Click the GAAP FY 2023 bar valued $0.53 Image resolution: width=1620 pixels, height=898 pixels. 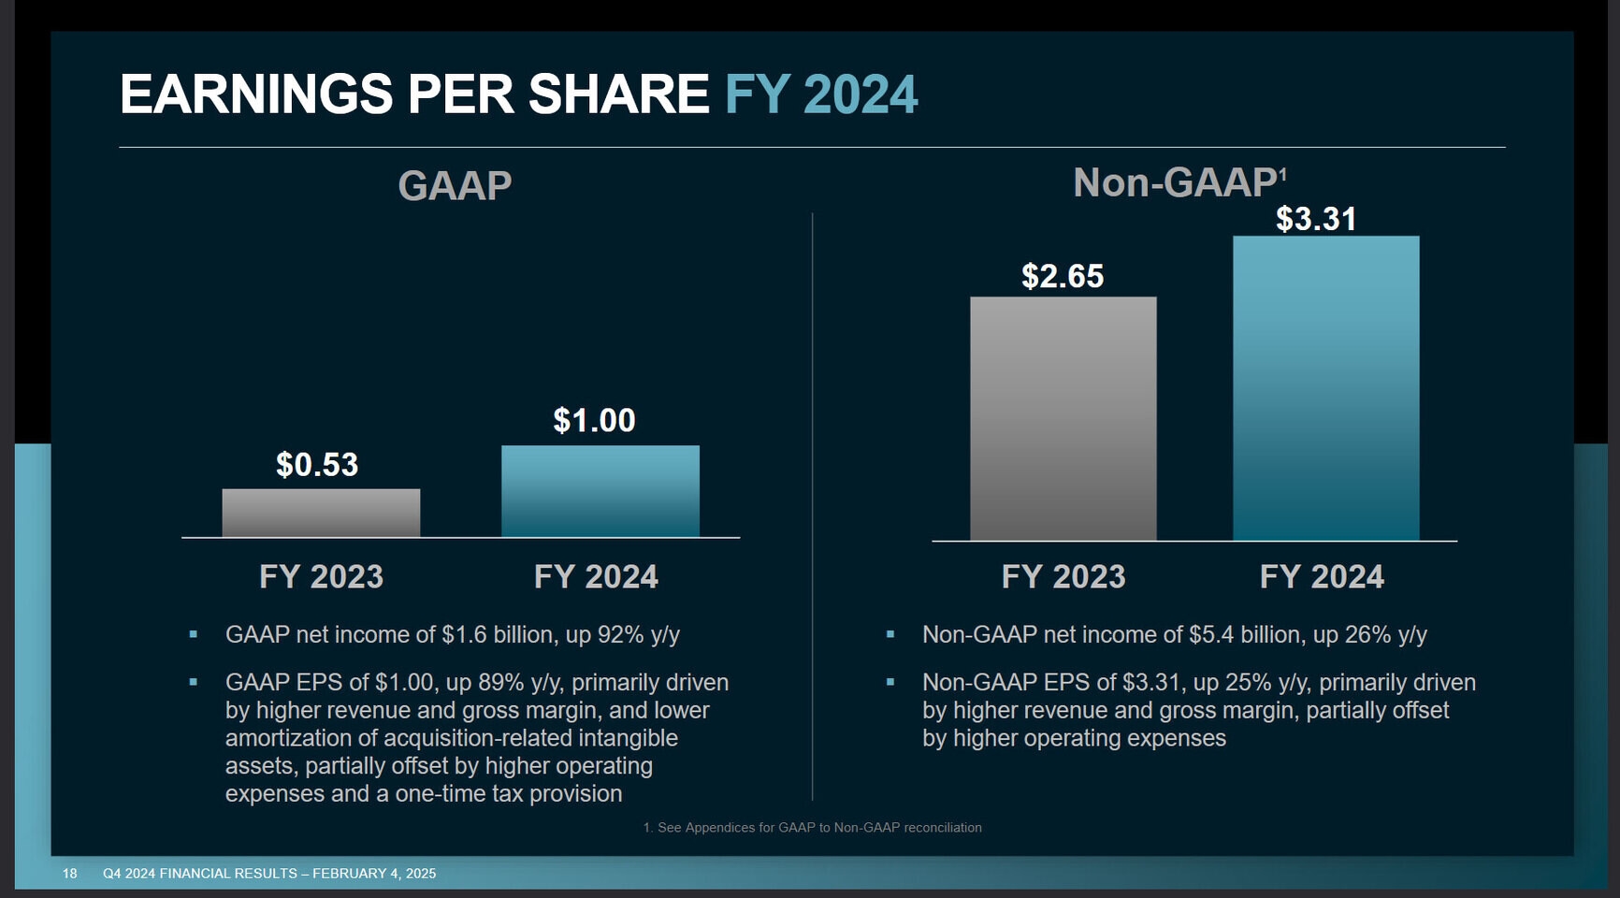click(x=321, y=513)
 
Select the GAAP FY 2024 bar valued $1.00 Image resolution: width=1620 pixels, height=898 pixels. click(x=600, y=491)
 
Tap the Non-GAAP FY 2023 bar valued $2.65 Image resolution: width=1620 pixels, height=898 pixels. click(x=1063, y=418)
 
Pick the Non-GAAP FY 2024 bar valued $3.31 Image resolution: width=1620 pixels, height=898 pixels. click(x=1325, y=388)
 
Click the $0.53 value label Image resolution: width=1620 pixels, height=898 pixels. click(x=317, y=465)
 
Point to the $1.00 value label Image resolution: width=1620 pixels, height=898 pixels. click(x=594, y=421)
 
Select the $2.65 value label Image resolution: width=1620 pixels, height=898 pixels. click(x=1063, y=277)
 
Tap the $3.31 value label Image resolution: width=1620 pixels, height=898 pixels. click(x=1316, y=220)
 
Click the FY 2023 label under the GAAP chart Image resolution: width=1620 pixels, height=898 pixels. click(x=321, y=576)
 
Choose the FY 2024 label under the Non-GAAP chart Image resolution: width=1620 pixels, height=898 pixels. click(x=1321, y=576)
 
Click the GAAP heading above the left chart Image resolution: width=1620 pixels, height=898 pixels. click(x=455, y=185)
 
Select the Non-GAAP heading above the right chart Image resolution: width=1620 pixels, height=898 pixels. click(x=1174, y=183)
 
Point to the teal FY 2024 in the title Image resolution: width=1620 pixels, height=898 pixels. click(x=821, y=94)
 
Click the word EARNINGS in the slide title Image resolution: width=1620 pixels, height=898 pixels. click(x=256, y=94)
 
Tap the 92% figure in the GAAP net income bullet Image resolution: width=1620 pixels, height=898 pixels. click(x=621, y=635)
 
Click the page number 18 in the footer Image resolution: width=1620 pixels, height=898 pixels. click(x=70, y=874)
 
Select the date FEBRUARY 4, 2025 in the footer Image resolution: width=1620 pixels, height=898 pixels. click(x=374, y=874)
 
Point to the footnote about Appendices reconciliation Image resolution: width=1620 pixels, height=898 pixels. click(x=812, y=828)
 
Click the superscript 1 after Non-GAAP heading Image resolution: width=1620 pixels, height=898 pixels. click(x=1282, y=174)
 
